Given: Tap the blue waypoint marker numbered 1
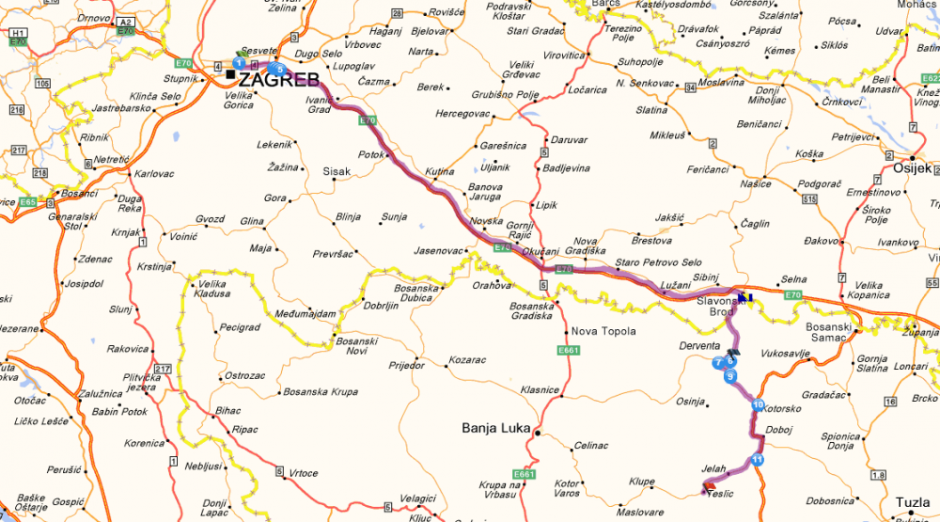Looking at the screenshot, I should point(240,62).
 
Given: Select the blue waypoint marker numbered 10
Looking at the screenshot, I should point(758,405).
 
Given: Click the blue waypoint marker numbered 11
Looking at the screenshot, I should point(758,459).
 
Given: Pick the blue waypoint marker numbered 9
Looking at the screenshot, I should point(731,375).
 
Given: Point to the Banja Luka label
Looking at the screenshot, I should point(493,429).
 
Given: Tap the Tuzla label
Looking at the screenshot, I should point(915,502).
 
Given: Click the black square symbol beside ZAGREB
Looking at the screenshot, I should point(230,73).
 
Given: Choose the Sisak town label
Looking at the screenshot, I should point(337,172).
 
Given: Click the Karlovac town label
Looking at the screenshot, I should point(153,174).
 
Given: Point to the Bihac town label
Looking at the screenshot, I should point(228,411).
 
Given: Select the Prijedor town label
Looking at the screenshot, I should point(406,365).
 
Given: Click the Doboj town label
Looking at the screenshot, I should point(779,429).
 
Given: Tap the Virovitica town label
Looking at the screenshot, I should point(564,55).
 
